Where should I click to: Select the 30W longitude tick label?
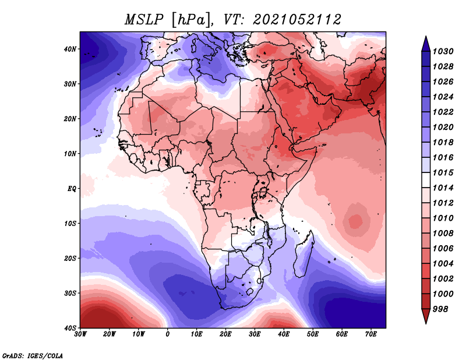pos(80,334)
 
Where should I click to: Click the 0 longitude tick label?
pos(168,334)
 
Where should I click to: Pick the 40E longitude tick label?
pos(284,334)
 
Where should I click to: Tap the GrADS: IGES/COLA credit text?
pos(33,355)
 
